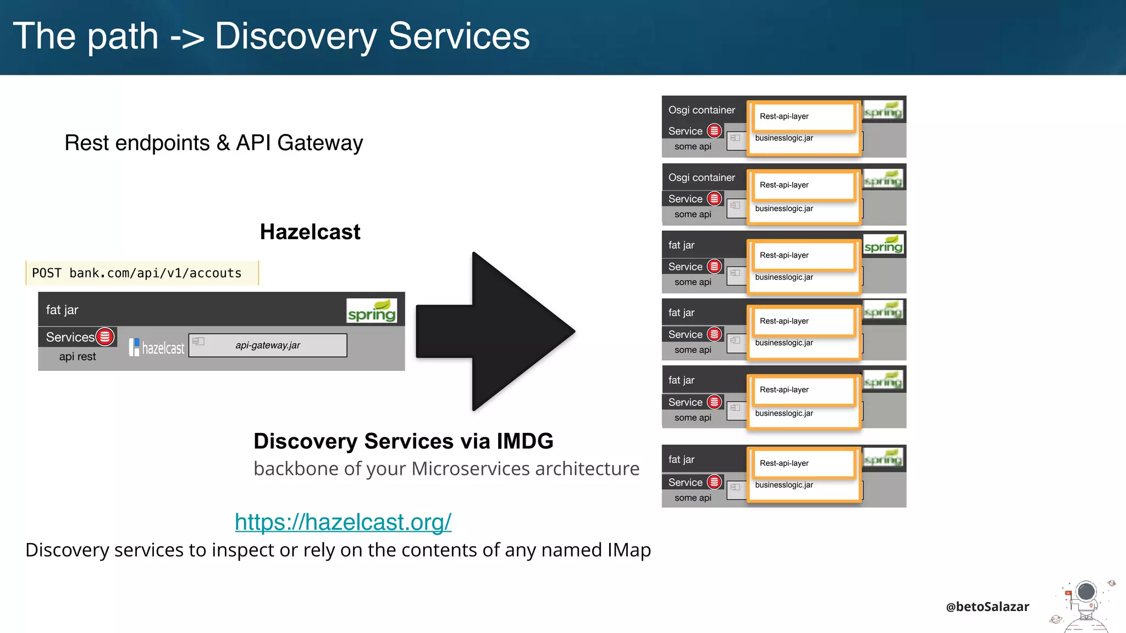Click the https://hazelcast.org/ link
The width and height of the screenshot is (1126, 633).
pos(343,522)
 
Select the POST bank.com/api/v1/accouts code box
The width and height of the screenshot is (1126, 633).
pos(142,273)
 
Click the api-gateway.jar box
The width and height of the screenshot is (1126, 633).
pos(268,346)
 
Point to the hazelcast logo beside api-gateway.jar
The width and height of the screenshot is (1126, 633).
pos(157,347)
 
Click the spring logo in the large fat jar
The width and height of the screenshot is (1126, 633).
pos(372,312)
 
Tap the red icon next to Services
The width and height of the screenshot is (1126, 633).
pos(105,337)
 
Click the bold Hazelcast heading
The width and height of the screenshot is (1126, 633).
pos(310,232)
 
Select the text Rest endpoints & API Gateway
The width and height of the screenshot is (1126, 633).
pos(214,143)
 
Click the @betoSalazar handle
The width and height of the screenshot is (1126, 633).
pos(987,607)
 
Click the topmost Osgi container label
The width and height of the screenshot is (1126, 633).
pos(702,110)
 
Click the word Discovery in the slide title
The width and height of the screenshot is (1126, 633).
pos(295,36)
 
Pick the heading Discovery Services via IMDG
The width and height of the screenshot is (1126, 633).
pos(404,441)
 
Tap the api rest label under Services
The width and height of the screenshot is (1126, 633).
pos(78,357)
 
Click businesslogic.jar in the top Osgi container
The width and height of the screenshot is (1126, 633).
pos(784,138)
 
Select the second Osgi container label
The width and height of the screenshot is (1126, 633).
pos(702,177)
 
